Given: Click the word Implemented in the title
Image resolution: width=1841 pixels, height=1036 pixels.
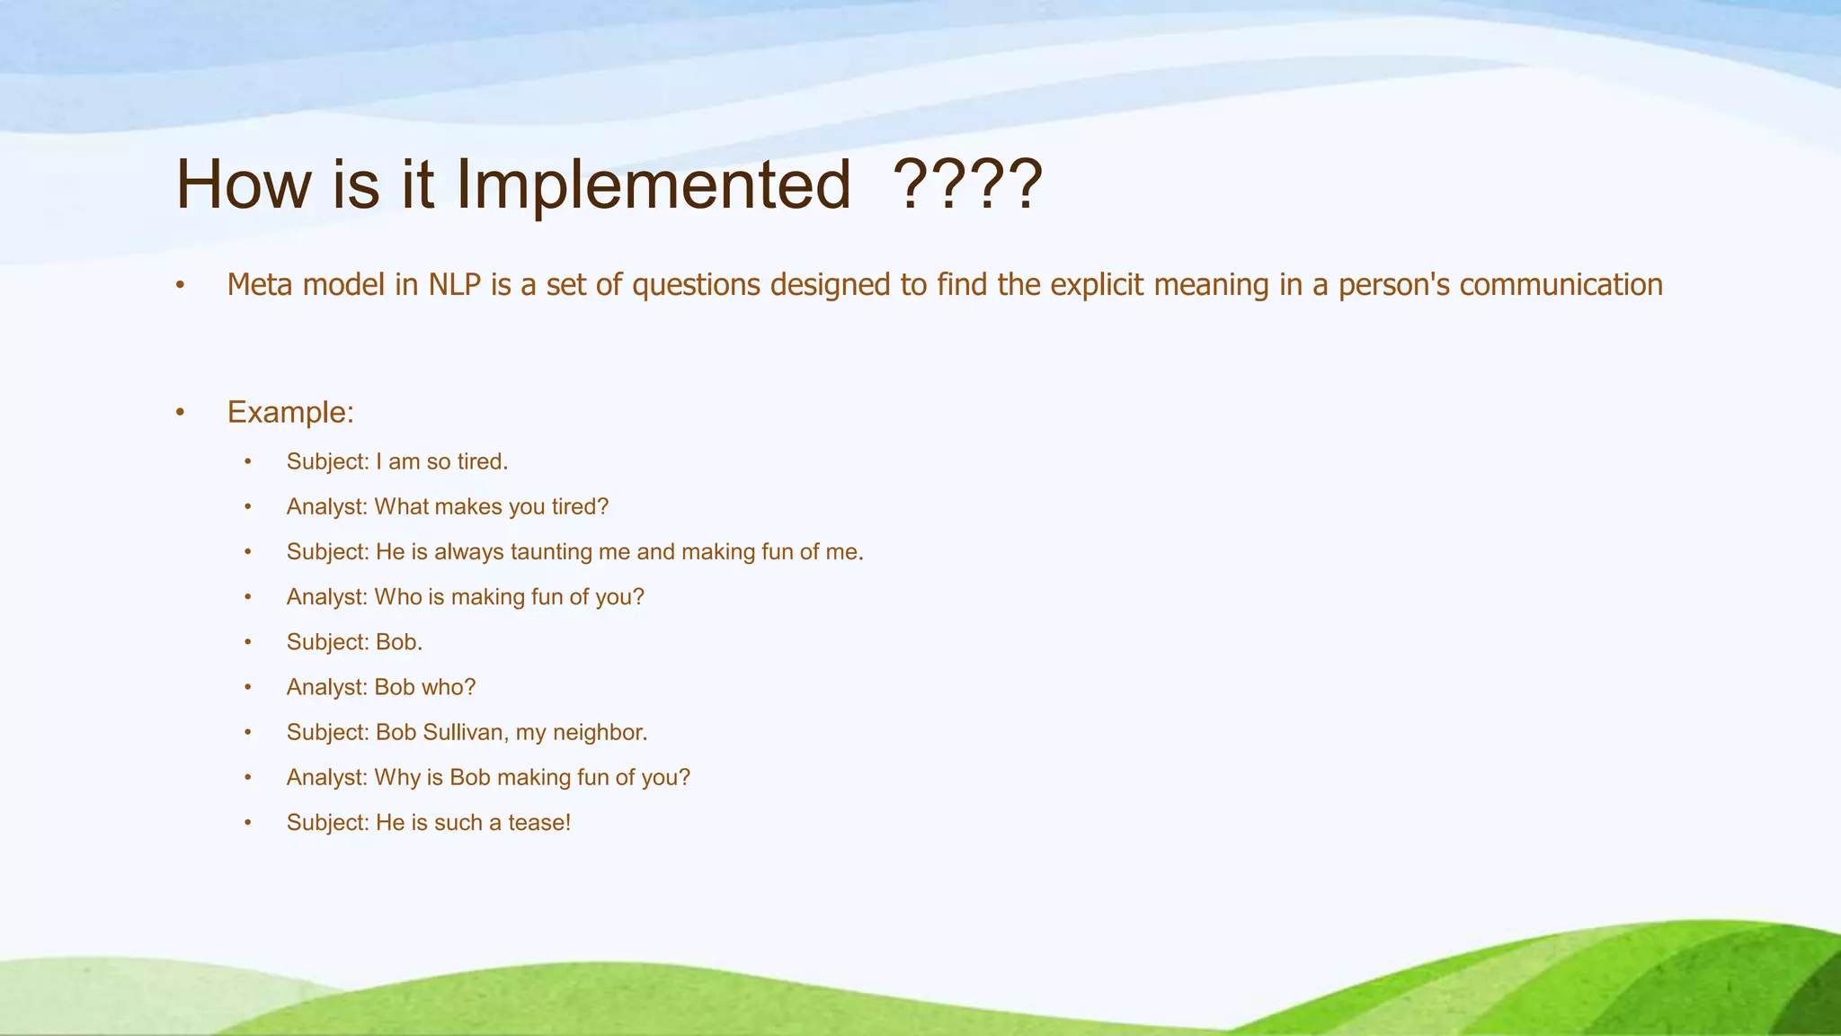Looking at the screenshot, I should pyautogui.click(x=654, y=185).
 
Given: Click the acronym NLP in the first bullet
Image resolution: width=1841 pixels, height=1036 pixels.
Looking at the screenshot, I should pyautogui.click(x=456, y=285).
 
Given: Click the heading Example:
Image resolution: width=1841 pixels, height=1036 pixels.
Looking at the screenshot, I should pyautogui.click(x=290, y=413).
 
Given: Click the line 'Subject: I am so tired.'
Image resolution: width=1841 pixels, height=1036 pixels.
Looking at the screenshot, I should pyautogui.click(x=397, y=462).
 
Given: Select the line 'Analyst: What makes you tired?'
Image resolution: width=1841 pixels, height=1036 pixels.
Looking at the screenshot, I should pyautogui.click(x=447, y=507).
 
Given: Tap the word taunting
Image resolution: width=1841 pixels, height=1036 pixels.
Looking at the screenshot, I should pyautogui.click(x=551, y=552).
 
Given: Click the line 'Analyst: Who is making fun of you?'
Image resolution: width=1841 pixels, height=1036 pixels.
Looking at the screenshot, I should pyautogui.click(x=465, y=597).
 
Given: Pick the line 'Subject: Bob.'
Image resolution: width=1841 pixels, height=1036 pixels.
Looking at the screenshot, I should pyautogui.click(x=354, y=642).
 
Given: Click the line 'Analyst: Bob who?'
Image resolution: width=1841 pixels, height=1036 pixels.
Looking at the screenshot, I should pyautogui.click(x=380, y=687).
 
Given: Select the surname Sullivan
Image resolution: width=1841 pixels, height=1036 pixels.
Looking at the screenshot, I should pyautogui.click(x=466, y=733).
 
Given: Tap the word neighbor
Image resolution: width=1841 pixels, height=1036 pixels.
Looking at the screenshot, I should pyautogui.click(x=600, y=733).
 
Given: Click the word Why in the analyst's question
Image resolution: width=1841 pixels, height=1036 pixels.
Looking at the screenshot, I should pyautogui.click(x=397, y=778).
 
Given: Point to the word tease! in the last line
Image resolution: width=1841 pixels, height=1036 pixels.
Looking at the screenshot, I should pyautogui.click(x=539, y=823).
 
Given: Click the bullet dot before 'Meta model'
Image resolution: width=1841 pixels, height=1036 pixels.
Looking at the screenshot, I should pyautogui.click(x=180, y=286).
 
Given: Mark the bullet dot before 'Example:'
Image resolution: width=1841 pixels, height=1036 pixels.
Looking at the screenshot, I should pyautogui.click(x=180, y=414).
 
